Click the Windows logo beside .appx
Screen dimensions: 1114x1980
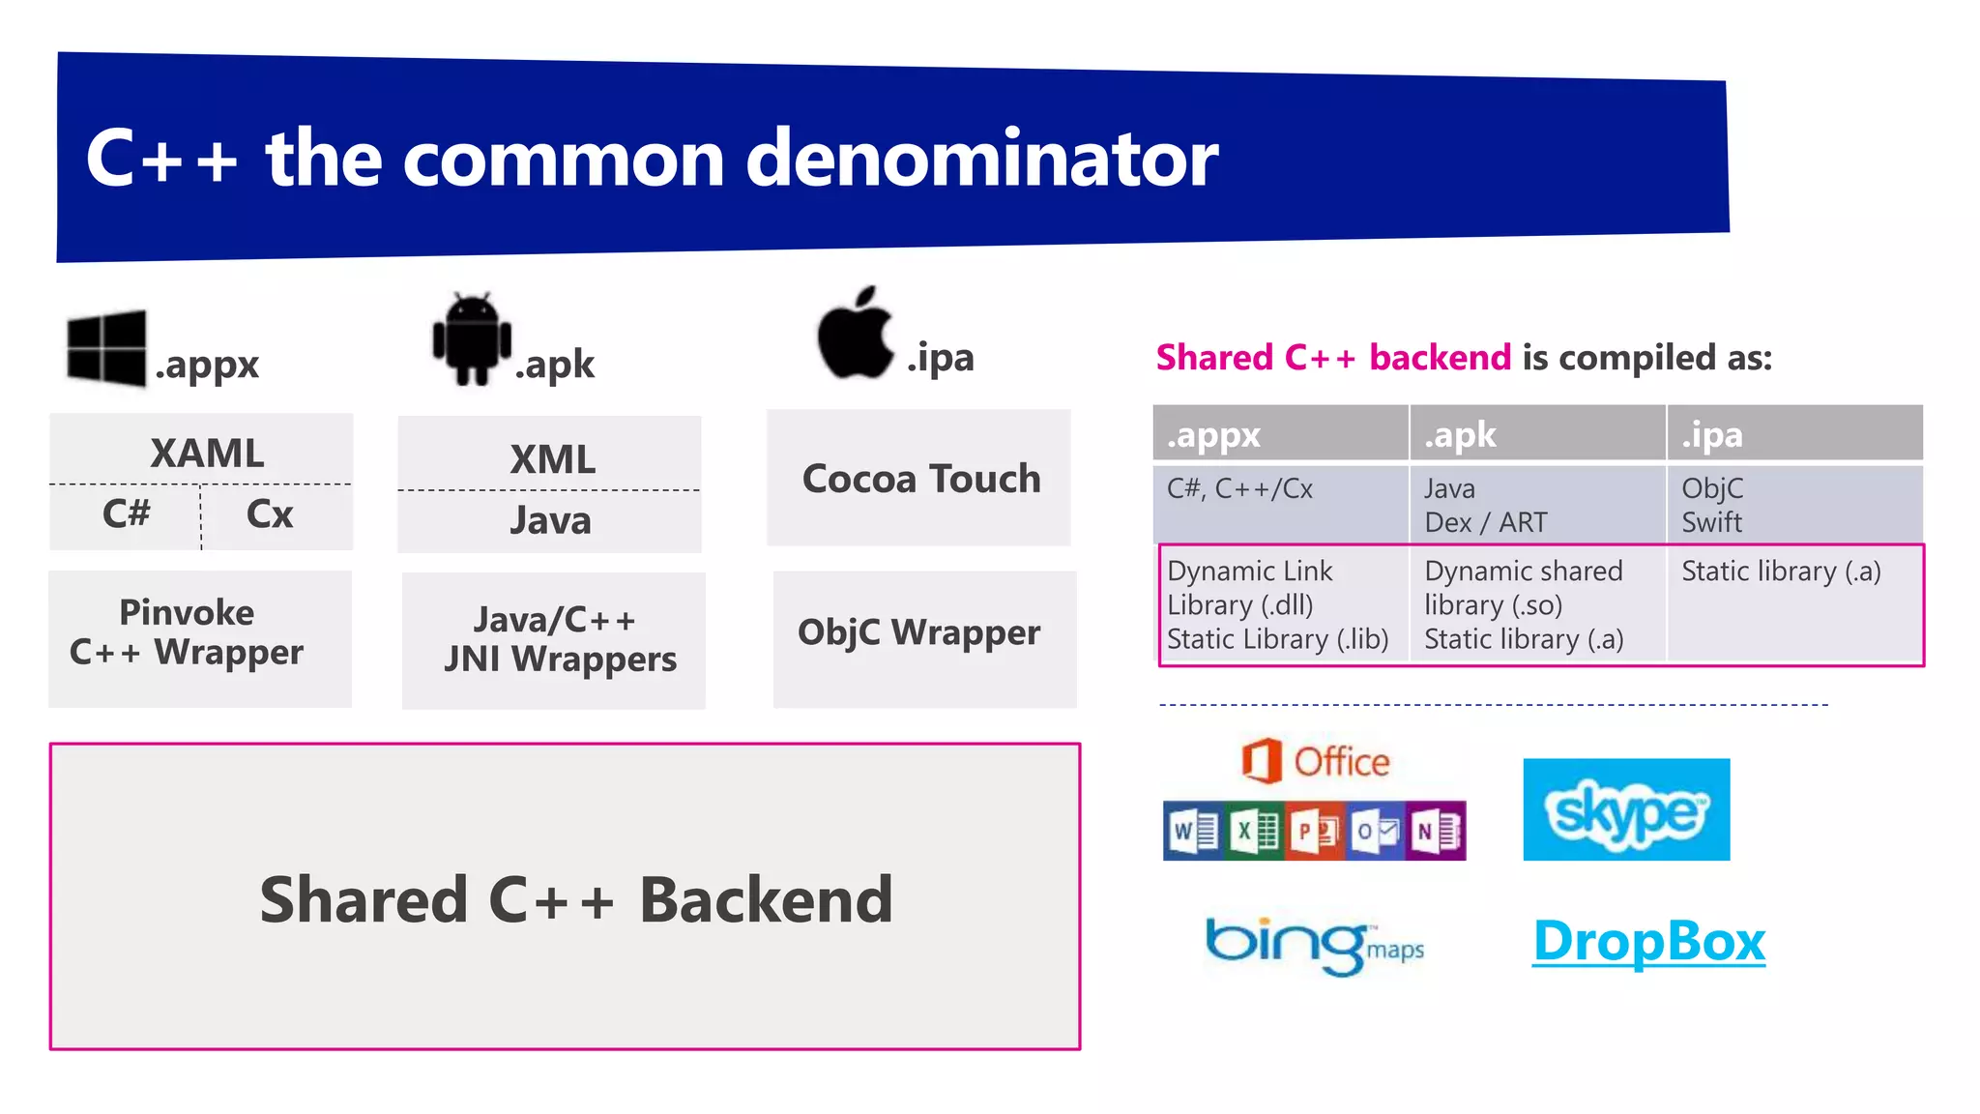tap(106, 348)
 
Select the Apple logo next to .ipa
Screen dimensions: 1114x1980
tap(855, 334)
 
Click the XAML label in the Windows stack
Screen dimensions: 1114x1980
tap(207, 453)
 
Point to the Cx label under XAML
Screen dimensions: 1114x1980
tap(269, 513)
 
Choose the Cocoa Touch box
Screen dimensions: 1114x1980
tap(919, 479)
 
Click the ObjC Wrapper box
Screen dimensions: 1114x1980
tap(919, 633)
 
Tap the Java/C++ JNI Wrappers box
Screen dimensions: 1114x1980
tap(554, 640)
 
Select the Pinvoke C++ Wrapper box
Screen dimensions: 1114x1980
tap(188, 633)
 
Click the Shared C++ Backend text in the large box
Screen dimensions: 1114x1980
tap(575, 899)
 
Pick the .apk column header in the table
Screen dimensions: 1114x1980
tap(1460, 435)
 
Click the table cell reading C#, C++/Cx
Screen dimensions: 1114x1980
tap(1240, 489)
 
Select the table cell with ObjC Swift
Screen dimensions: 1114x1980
tap(1712, 505)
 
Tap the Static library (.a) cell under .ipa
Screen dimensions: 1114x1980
tap(1781, 572)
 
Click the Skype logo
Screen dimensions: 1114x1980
tap(1626, 809)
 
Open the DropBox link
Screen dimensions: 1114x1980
tap(1649, 941)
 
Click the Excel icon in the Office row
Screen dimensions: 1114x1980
tap(1254, 831)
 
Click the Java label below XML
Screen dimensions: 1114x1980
tap(550, 521)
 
